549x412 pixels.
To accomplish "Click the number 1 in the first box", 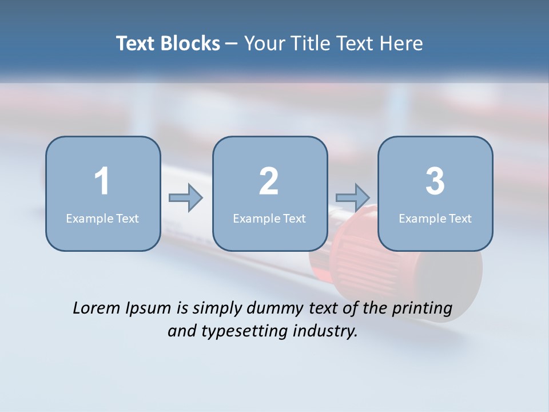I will (x=102, y=181).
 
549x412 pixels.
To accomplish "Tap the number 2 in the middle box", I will (x=269, y=181).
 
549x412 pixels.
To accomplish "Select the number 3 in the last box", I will (x=435, y=181).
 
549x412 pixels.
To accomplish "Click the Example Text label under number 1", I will (x=102, y=218).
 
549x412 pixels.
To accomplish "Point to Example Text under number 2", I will (x=269, y=218).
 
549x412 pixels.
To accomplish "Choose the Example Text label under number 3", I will (x=435, y=218).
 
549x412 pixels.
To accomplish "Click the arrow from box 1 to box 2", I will (x=186, y=198).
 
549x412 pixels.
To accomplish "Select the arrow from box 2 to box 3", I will (x=353, y=198).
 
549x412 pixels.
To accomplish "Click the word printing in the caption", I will (x=422, y=309).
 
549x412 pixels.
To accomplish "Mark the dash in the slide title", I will (x=232, y=43).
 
